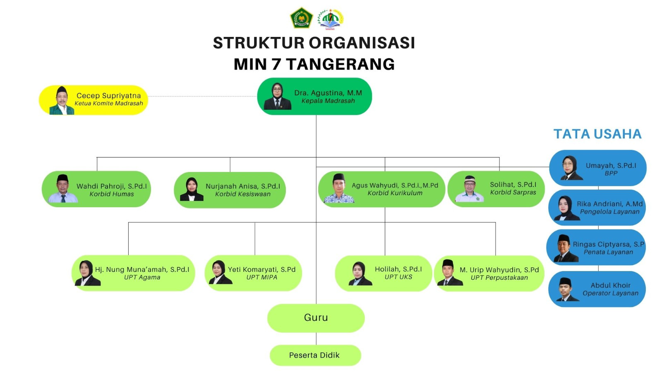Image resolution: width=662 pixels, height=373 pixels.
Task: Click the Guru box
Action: click(316, 318)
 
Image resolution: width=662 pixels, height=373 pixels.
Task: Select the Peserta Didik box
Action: click(314, 355)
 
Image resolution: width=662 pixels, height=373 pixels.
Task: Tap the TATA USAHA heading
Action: click(597, 134)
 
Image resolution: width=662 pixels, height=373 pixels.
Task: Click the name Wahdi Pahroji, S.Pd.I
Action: click(112, 186)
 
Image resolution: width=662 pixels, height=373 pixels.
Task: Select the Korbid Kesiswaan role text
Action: click(243, 194)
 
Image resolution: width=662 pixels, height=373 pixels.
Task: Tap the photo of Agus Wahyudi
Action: click(339, 189)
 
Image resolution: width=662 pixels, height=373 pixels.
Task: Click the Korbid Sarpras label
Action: click(513, 192)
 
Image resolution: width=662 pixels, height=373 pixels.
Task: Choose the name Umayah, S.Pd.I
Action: click(611, 165)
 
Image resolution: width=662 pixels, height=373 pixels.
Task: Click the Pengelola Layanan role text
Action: click(610, 212)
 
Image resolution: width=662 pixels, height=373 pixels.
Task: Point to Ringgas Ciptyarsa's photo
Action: click(564, 248)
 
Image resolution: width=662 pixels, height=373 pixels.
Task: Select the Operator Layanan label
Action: click(611, 293)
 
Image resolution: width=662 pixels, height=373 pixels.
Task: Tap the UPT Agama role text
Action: click(142, 277)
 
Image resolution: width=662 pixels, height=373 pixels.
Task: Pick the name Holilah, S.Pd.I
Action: click(398, 269)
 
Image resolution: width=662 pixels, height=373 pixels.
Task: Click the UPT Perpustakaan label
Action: click(499, 278)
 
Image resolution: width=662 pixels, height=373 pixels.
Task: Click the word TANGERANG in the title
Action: click(340, 64)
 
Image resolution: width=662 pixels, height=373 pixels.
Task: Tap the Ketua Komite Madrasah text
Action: click(109, 103)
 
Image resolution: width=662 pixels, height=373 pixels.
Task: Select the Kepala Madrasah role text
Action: click(328, 101)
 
